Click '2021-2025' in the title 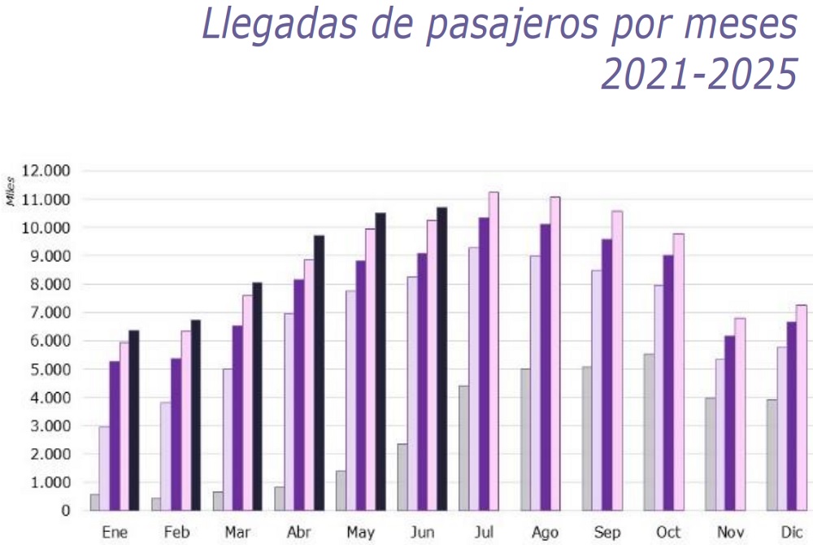click(699, 74)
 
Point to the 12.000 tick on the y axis click(46, 171)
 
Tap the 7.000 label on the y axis click(46, 312)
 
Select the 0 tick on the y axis click(65, 511)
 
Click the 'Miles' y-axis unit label click(11, 192)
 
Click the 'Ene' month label click(115, 532)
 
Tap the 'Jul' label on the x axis click(484, 532)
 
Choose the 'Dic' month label click(792, 532)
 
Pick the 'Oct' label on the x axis click(668, 532)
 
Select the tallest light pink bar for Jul click(493, 351)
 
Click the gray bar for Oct click(649, 433)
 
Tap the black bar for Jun click(441, 359)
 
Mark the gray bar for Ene click(95, 503)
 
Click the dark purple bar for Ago click(546, 368)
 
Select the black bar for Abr click(319, 373)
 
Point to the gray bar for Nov click(711, 454)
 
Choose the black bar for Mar click(257, 397)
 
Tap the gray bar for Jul click(464, 448)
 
